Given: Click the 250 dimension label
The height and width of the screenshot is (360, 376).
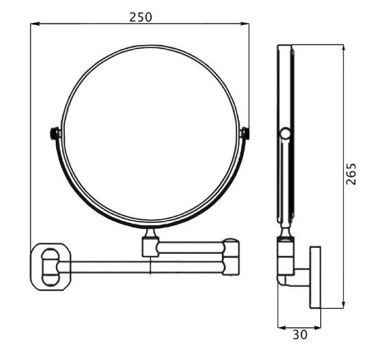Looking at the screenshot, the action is [141, 18].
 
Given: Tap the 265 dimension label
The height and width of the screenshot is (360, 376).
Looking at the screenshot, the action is [351, 174].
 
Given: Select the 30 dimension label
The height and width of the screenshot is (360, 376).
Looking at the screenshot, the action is [300, 335].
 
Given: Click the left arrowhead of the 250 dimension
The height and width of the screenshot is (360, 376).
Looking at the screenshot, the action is [34, 24].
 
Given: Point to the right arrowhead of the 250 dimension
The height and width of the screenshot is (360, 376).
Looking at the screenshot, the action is [245, 24].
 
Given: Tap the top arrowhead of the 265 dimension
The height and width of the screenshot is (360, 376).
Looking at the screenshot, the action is [344, 49].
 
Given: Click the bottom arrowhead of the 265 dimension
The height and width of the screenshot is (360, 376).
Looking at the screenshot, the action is [344, 304].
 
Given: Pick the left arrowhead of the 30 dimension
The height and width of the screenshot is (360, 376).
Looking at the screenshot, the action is [282, 328].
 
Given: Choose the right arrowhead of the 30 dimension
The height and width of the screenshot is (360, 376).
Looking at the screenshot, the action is [316, 328].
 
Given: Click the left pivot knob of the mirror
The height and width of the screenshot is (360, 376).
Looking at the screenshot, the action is [54, 133].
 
